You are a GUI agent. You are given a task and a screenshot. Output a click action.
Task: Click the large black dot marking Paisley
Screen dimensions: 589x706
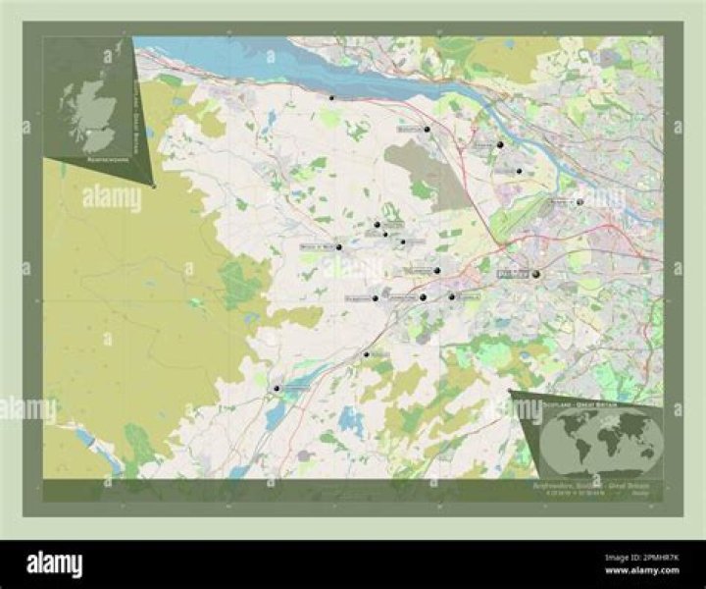pos(536,275)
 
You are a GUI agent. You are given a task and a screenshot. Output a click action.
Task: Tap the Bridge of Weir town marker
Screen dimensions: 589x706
pos(339,247)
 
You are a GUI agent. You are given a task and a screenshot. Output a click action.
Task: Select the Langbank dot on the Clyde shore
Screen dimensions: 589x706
pos(331,98)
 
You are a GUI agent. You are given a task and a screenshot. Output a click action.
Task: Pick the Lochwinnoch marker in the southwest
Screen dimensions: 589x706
pos(277,389)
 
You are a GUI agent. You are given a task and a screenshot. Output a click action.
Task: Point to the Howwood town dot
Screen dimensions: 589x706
pos(367,353)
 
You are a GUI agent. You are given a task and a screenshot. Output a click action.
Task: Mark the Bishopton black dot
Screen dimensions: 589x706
pos(428,129)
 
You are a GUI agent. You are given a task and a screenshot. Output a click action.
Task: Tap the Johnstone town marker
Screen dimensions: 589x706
pos(423,296)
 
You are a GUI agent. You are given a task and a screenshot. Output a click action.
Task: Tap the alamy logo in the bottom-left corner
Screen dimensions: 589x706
pos(54,563)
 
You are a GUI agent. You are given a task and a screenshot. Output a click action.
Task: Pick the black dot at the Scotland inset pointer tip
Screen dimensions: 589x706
pos(154,184)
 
